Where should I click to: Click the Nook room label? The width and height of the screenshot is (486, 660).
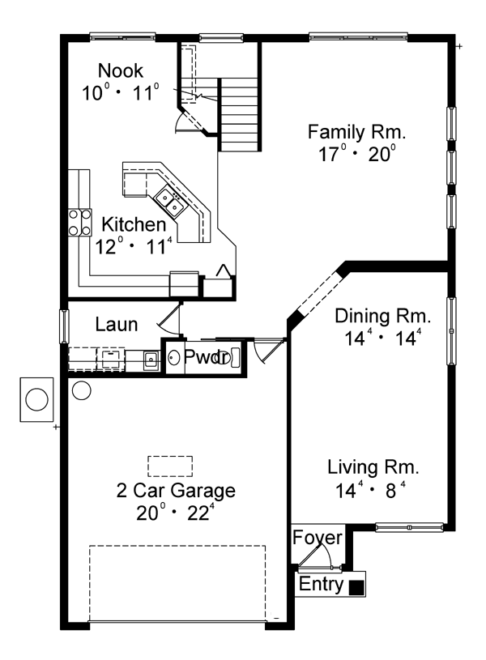tap(121, 70)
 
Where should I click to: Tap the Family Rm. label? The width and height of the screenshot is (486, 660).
tap(356, 132)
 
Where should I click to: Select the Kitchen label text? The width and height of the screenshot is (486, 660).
tap(134, 225)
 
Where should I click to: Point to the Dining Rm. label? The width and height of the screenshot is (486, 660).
tap(383, 316)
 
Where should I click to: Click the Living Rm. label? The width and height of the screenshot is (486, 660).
tap(373, 467)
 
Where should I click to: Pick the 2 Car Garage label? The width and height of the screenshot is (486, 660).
tap(176, 491)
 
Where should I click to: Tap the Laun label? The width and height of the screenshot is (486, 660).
tap(117, 325)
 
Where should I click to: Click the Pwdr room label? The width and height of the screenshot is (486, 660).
tap(207, 357)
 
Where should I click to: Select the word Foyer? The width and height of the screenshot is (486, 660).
tap(318, 538)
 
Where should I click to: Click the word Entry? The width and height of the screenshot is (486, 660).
tap(321, 584)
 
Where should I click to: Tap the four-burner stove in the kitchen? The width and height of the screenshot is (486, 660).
tap(80, 222)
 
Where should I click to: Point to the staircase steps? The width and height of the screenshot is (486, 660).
tap(238, 114)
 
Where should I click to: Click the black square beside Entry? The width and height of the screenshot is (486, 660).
tap(356, 588)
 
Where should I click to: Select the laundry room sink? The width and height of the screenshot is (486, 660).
tap(151, 360)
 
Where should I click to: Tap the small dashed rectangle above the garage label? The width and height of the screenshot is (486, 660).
tap(170, 466)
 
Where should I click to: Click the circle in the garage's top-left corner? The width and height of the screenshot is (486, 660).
tap(82, 390)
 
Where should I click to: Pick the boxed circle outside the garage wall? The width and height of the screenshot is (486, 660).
tap(36, 399)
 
